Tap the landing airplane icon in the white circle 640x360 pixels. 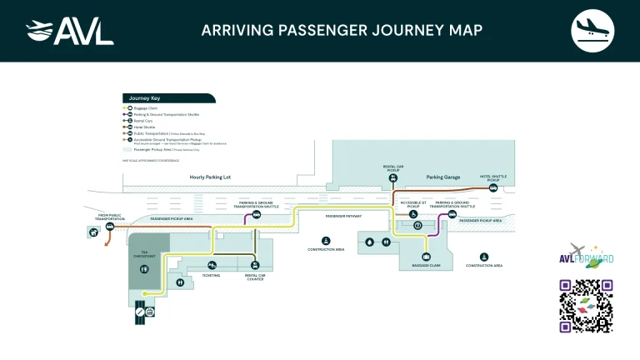click(592, 31)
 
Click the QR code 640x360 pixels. click(586, 306)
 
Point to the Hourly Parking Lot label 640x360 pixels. click(211, 177)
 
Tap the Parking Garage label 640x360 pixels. click(442, 177)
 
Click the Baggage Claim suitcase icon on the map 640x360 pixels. click(426, 257)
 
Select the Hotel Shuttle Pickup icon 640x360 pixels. click(493, 188)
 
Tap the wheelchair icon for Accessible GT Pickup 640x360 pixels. click(413, 212)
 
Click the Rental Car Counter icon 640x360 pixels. click(254, 266)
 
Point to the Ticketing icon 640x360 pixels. click(212, 266)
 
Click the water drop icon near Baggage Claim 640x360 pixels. click(370, 242)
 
